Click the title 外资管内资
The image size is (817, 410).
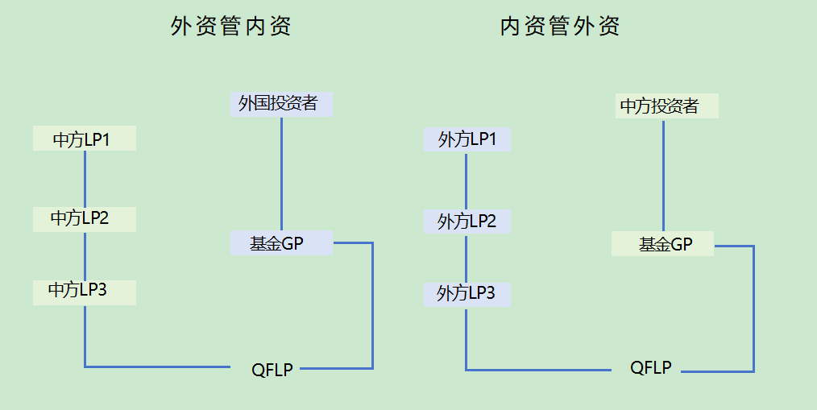point(230,27)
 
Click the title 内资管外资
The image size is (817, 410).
point(560,27)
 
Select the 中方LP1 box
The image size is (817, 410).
point(84,139)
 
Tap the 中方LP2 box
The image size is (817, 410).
point(84,218)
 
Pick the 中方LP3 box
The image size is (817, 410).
point(84,292)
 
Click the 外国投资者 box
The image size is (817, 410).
point(281,104)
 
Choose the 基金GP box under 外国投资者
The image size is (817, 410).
point(281,242)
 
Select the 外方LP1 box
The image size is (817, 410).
point(467,139)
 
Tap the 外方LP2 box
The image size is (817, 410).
point(467,221)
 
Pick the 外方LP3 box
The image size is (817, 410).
point(467,294)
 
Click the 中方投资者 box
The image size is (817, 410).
point(666,106)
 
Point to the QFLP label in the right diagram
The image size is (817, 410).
point(651,368)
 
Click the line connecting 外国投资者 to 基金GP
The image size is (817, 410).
point(281,173)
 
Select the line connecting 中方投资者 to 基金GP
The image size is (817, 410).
point(663,175)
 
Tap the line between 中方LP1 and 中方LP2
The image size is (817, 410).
point(85,178)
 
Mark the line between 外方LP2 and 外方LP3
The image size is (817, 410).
point(467,258)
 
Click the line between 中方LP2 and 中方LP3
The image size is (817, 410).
point(85,255)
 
